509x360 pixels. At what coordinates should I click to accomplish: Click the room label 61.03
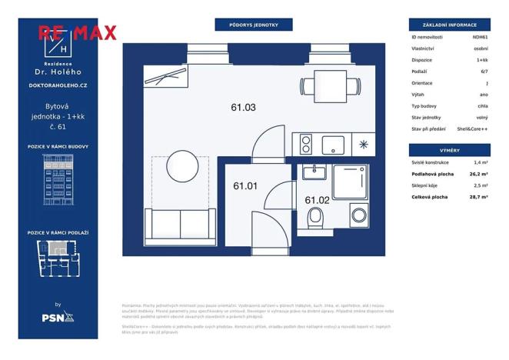tap(244, 108)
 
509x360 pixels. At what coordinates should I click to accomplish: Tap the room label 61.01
tap(245, 185)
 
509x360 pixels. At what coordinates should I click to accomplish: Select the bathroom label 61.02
tap(317, 200)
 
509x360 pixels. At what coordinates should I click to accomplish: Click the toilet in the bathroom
tap(315, 219)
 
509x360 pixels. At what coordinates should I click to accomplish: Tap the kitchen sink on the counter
tap(334, 143)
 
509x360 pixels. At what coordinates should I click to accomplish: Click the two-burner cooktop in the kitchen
tap(305, 143)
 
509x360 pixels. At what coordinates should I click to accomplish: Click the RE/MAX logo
tap(78, 32)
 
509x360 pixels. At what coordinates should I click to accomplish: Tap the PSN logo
tap(57, 315)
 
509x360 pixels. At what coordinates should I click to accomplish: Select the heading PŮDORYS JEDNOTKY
tap(254, 25)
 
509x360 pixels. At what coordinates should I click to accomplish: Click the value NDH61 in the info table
tap(481, 36)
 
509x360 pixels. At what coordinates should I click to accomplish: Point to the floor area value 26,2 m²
tap(481, 174)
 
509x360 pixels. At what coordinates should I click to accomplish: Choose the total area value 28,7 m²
tap(481, 197)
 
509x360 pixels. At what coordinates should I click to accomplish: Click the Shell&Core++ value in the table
tap(472, 128)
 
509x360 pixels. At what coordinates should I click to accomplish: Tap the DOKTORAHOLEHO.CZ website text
tap(58, 85)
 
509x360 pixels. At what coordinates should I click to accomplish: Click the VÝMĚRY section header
tap(450, 150)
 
